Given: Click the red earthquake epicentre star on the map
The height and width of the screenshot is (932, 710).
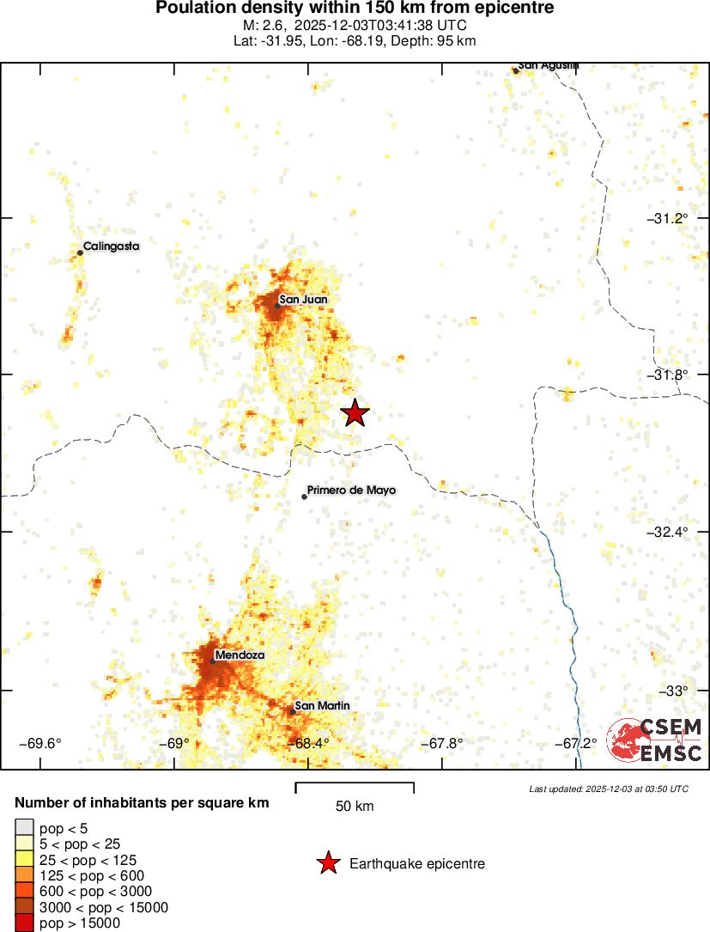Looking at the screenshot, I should tap(355, 413).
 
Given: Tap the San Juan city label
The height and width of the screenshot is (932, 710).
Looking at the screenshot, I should tap(303, 299).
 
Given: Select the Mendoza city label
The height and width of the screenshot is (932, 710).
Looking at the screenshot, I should tap(240, 655).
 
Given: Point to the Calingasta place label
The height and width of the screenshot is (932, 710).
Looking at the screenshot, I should tap(111, 246).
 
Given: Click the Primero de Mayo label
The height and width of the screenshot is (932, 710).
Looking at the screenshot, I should tap(352, 490).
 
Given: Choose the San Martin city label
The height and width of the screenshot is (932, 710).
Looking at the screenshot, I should tap(322, 705).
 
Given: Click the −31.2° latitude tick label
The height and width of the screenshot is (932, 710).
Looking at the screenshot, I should tap(667, 218).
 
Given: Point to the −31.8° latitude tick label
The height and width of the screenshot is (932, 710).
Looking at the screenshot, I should tap(667, 375).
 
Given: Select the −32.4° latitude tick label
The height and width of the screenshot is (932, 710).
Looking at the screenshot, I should tap(667, 532).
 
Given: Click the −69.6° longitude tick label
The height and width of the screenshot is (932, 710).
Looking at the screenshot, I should tap(40, 743).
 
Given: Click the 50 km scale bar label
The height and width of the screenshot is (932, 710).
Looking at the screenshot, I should tap(355, 807).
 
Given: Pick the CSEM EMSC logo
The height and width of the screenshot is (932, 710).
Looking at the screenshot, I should tap(655, 740).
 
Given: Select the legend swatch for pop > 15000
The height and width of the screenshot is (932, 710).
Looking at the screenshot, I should tap(24, 923).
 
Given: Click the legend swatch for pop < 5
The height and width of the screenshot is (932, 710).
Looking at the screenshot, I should tap(24, 828).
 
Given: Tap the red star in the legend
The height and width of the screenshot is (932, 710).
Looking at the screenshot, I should tap(327, 863).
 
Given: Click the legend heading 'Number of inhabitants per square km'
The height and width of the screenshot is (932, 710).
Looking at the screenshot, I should tap(143, 803).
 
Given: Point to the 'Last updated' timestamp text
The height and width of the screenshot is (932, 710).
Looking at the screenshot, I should tap(609, 789).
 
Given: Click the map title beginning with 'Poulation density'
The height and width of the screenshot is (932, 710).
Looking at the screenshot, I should tap(355, 9).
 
